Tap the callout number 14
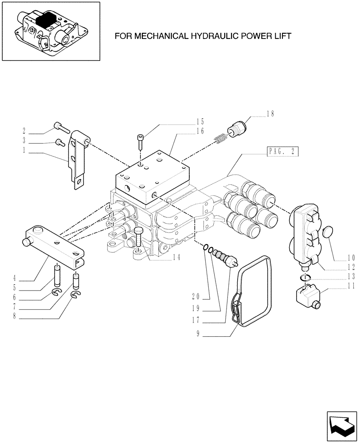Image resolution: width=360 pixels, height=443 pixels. pyautogui.click(x=176, y=256)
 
